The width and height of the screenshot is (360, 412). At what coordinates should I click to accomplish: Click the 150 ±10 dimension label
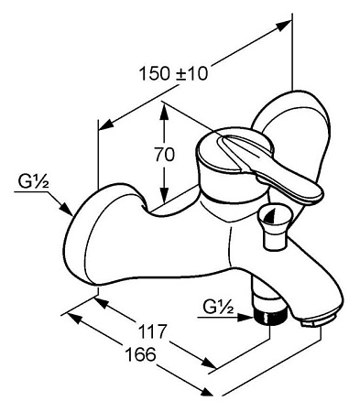pos(173,73)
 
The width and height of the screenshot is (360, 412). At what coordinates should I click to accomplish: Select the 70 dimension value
pos(164,155)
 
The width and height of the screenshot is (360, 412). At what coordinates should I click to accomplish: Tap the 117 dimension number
pos(154,331)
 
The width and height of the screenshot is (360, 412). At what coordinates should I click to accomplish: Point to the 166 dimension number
pos(141,354)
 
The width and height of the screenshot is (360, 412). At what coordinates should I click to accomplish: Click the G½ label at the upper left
pos(34,182)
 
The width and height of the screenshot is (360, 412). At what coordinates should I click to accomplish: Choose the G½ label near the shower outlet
pos(219,308)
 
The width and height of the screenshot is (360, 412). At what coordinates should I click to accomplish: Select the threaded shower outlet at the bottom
pos(271,318)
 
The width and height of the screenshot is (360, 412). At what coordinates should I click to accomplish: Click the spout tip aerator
pos(318,322)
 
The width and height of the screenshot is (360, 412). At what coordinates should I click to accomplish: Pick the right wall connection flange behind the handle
pos(290,135)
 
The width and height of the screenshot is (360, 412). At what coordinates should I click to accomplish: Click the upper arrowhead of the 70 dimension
pos(164,114)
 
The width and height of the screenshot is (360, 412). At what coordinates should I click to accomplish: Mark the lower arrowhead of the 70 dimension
pos(164,194)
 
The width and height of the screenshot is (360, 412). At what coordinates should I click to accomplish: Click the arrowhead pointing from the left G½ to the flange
pos(66,210)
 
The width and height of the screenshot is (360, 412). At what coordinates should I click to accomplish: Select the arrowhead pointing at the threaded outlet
pos(245,318)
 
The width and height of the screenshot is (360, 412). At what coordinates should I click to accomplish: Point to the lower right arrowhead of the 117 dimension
pos(209,364)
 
